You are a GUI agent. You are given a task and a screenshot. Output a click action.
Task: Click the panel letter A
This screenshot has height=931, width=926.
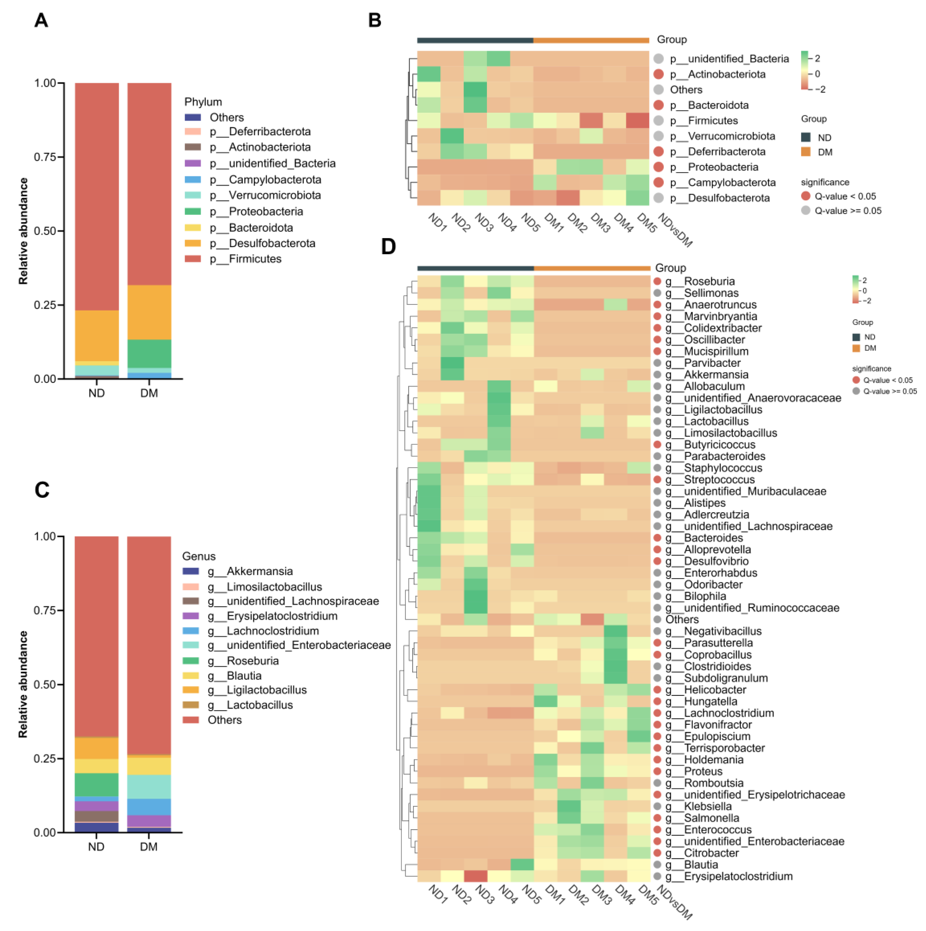click(x=41, y=21)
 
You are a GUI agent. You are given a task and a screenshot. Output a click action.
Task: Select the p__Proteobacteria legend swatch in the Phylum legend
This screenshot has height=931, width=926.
click(x=193, y=212)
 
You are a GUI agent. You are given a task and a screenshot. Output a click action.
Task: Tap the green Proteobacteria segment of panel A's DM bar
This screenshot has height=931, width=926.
click(x=149, y=354)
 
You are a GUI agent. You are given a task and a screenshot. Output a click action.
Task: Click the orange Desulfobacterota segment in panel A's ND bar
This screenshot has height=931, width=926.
click(x=97, y=336)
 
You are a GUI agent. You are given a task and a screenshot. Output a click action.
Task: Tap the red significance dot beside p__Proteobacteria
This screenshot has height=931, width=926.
click(x=658, y=167)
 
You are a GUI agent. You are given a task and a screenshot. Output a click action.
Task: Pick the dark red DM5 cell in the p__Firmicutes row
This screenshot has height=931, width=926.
click(x=638, y=121)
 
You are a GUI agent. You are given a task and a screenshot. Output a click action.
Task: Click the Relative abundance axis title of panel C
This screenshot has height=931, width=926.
click(x=23, y=684)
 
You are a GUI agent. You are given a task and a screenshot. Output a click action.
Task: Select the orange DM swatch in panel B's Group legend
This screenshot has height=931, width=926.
click(x=806, y=152)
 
